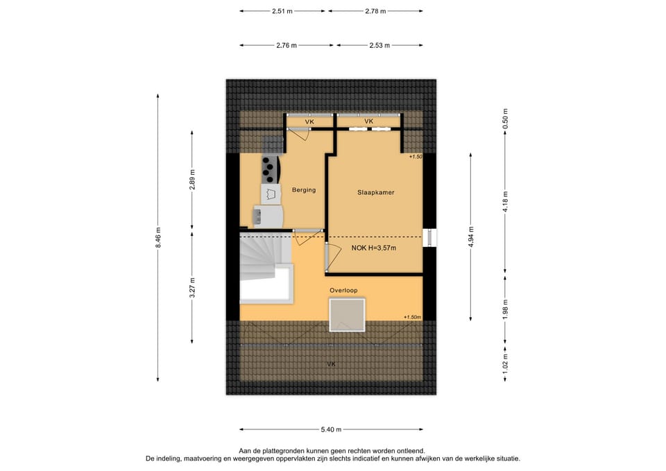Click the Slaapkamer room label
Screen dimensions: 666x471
pyautogui.click(x=375, y=192)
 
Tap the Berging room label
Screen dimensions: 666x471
pyautogui.click(x=304, y=190)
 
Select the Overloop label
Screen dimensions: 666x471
pyautogui.click(x=343, y=291)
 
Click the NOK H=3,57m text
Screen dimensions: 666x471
pyautogui.click(x=374, y=248)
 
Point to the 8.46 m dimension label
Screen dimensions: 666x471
pyautogui.click(x=158, y=237)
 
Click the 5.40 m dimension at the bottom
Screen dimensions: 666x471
pyautogui.click(x=331, y=429)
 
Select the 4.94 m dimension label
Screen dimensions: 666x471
pyautogui.click(x=470, y=237)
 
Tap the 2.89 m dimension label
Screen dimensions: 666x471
pyautogui.click(x=192, y=180)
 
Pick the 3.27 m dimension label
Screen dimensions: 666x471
pyautogui.click(x=192, y=288)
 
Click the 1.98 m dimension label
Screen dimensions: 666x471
pyautogui.click(x=505, y=309)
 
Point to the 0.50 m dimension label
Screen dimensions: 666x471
pyautogui.click(x=505, y=119)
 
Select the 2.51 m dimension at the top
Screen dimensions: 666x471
pyautogui.click(x=282, y=11)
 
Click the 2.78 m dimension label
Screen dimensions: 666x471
pyautogui.click(x=375, y=11)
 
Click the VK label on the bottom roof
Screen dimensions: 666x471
pyautogui.click(x=332, y=364)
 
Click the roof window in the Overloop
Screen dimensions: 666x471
pyautogui.click(x=347, y=315)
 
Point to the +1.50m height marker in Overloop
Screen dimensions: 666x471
pyautogui.click(x=412, y=317)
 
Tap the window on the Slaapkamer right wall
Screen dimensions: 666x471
pyautogui.click(x=430, y=237)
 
